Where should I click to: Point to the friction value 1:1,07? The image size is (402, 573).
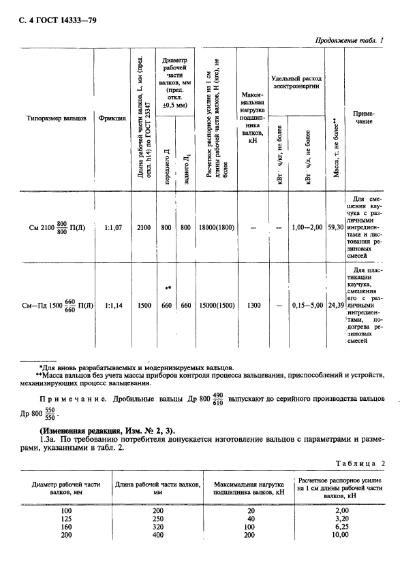click(112, 229)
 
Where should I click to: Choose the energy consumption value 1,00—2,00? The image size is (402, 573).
click(306, 229)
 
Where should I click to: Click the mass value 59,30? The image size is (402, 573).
click(335, 229)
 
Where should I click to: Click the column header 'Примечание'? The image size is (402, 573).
click(367, 117)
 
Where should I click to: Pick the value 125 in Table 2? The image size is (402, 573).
click(66, 518)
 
